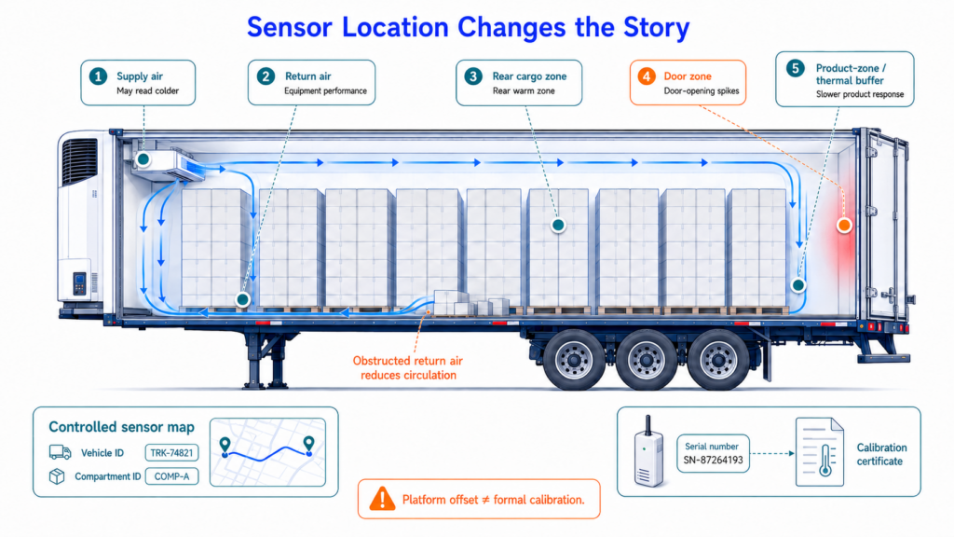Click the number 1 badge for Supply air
tap(98, 76)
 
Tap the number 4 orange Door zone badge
tap(647, 76)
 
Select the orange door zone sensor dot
tap(844, 226)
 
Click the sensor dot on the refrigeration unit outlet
tap(143, 159)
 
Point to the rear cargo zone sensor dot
tap(558, 226)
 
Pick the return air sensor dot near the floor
tap(243, 299)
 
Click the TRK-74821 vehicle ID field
tap(171, 453)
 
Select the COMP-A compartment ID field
tap(171, 476)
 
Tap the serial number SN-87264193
tap(713, 461)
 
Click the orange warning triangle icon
tap(382, 499)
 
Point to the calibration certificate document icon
tap(820, 452)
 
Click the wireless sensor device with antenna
tap(648, 451)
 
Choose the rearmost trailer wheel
tap(718, 359)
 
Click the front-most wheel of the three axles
tap(574, 359)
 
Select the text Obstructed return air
tap(408, 361)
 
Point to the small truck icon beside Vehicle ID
tap(60, 452)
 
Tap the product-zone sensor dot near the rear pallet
tap(797, 284)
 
